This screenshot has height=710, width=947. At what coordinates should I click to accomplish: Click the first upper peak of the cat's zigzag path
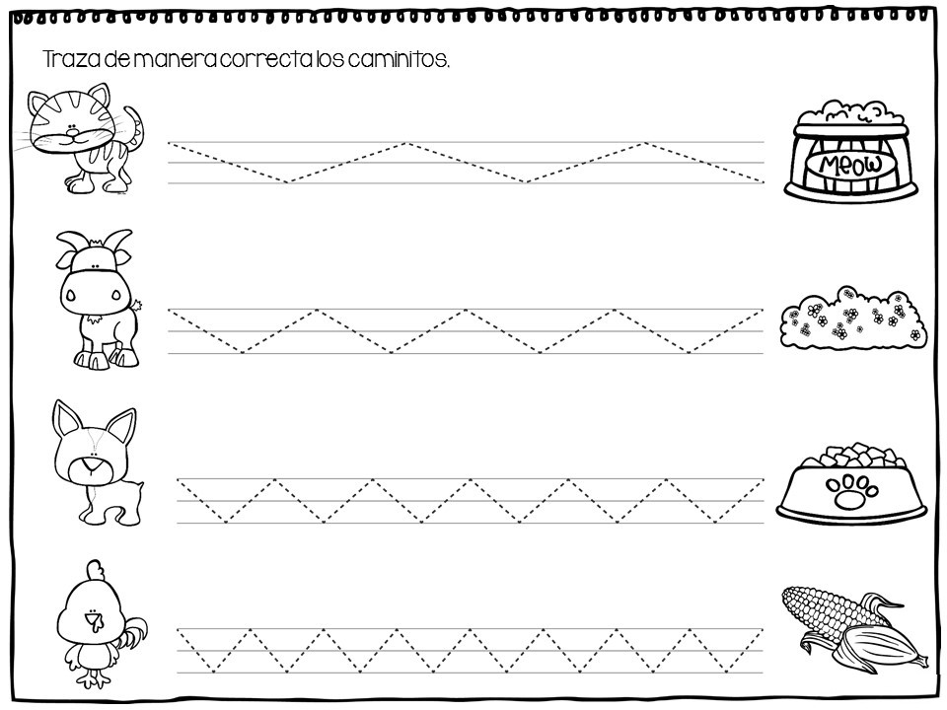pyautogui.click(x=407, y=143)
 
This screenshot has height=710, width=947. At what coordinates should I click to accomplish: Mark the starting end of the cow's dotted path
pyautogui.click(x=170, y=311)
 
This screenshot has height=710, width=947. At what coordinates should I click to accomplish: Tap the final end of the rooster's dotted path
pyautogui.click(x=762, y=629)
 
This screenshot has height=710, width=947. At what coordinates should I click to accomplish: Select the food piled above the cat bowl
pyautogui.click(x=849, y=111)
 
